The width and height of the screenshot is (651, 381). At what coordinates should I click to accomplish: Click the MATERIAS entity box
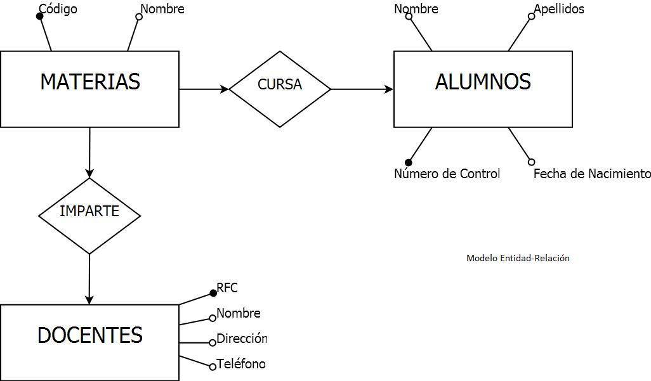click(x=89, y=89)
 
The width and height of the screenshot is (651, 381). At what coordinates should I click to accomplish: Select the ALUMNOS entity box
click(x=483, y=89)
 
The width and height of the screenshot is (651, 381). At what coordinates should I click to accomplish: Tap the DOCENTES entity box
click(x=89, y=342)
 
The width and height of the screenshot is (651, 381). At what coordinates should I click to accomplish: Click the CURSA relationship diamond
click(x=280, y=89)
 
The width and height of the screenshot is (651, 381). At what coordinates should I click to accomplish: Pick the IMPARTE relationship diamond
click(x=89, y=216)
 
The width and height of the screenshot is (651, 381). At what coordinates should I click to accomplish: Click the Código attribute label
click(x=58, y=9)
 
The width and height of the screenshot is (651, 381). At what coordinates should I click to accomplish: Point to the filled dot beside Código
click(x=39, y=16)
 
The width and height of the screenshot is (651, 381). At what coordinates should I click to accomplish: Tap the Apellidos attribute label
click(x=558, y=9)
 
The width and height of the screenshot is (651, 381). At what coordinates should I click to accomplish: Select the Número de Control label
click(x=447, y=174)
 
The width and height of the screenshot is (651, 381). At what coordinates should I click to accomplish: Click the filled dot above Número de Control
click(x=409, y=162)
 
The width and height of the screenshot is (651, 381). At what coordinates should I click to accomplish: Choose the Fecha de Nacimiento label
click(x=591, y=174)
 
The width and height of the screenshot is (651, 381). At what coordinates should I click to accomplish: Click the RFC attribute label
click(x=227, y=288)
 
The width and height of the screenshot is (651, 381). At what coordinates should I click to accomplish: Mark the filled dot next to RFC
click(x=213, y=293)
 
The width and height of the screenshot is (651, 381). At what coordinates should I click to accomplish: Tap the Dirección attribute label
click(x=242, y=339)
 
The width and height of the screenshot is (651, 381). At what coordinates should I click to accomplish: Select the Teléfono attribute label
click(x=240, y=364)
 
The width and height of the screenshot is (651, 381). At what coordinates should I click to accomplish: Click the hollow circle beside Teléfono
click(x=213, y=367)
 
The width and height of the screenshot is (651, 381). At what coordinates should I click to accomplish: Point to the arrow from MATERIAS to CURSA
click(x=204, y=89)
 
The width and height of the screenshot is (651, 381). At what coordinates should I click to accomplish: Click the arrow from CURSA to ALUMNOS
click(x=362, y=89)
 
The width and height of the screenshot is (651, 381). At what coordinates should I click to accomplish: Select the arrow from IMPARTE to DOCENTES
click(x=89, y=279)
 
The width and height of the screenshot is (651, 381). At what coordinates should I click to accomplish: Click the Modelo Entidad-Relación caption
click(x=518, y=258)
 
